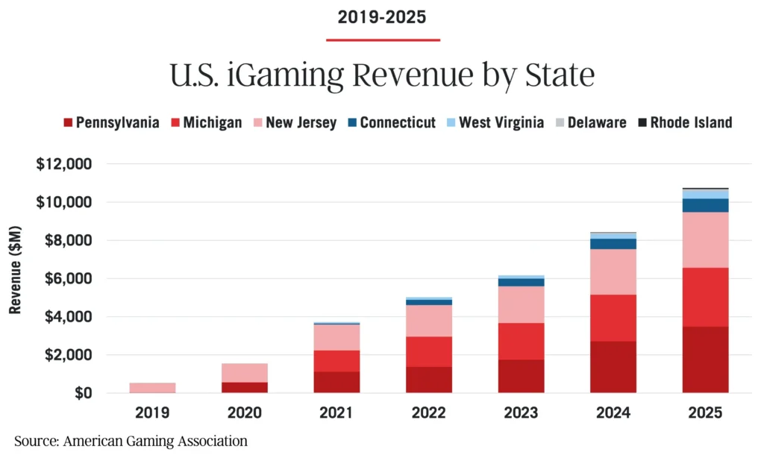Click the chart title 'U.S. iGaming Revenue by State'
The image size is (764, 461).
(381, 76)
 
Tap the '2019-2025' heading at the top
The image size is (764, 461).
(382, 17)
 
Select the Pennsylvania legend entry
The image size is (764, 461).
(111, 122)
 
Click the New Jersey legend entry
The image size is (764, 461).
(295, 122)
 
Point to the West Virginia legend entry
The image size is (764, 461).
(494, 122)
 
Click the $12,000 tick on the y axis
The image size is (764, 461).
(63, 164)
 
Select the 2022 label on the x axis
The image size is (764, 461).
(429, 413)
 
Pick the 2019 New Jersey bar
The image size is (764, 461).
(152, 387)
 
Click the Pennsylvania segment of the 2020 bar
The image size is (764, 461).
(245, 387)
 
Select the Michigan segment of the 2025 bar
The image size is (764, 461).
(705, 297)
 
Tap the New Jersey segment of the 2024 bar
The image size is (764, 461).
(613, 272)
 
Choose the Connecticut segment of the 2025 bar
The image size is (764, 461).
(705, 205)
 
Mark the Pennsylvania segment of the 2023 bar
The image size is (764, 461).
(521, 376)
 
